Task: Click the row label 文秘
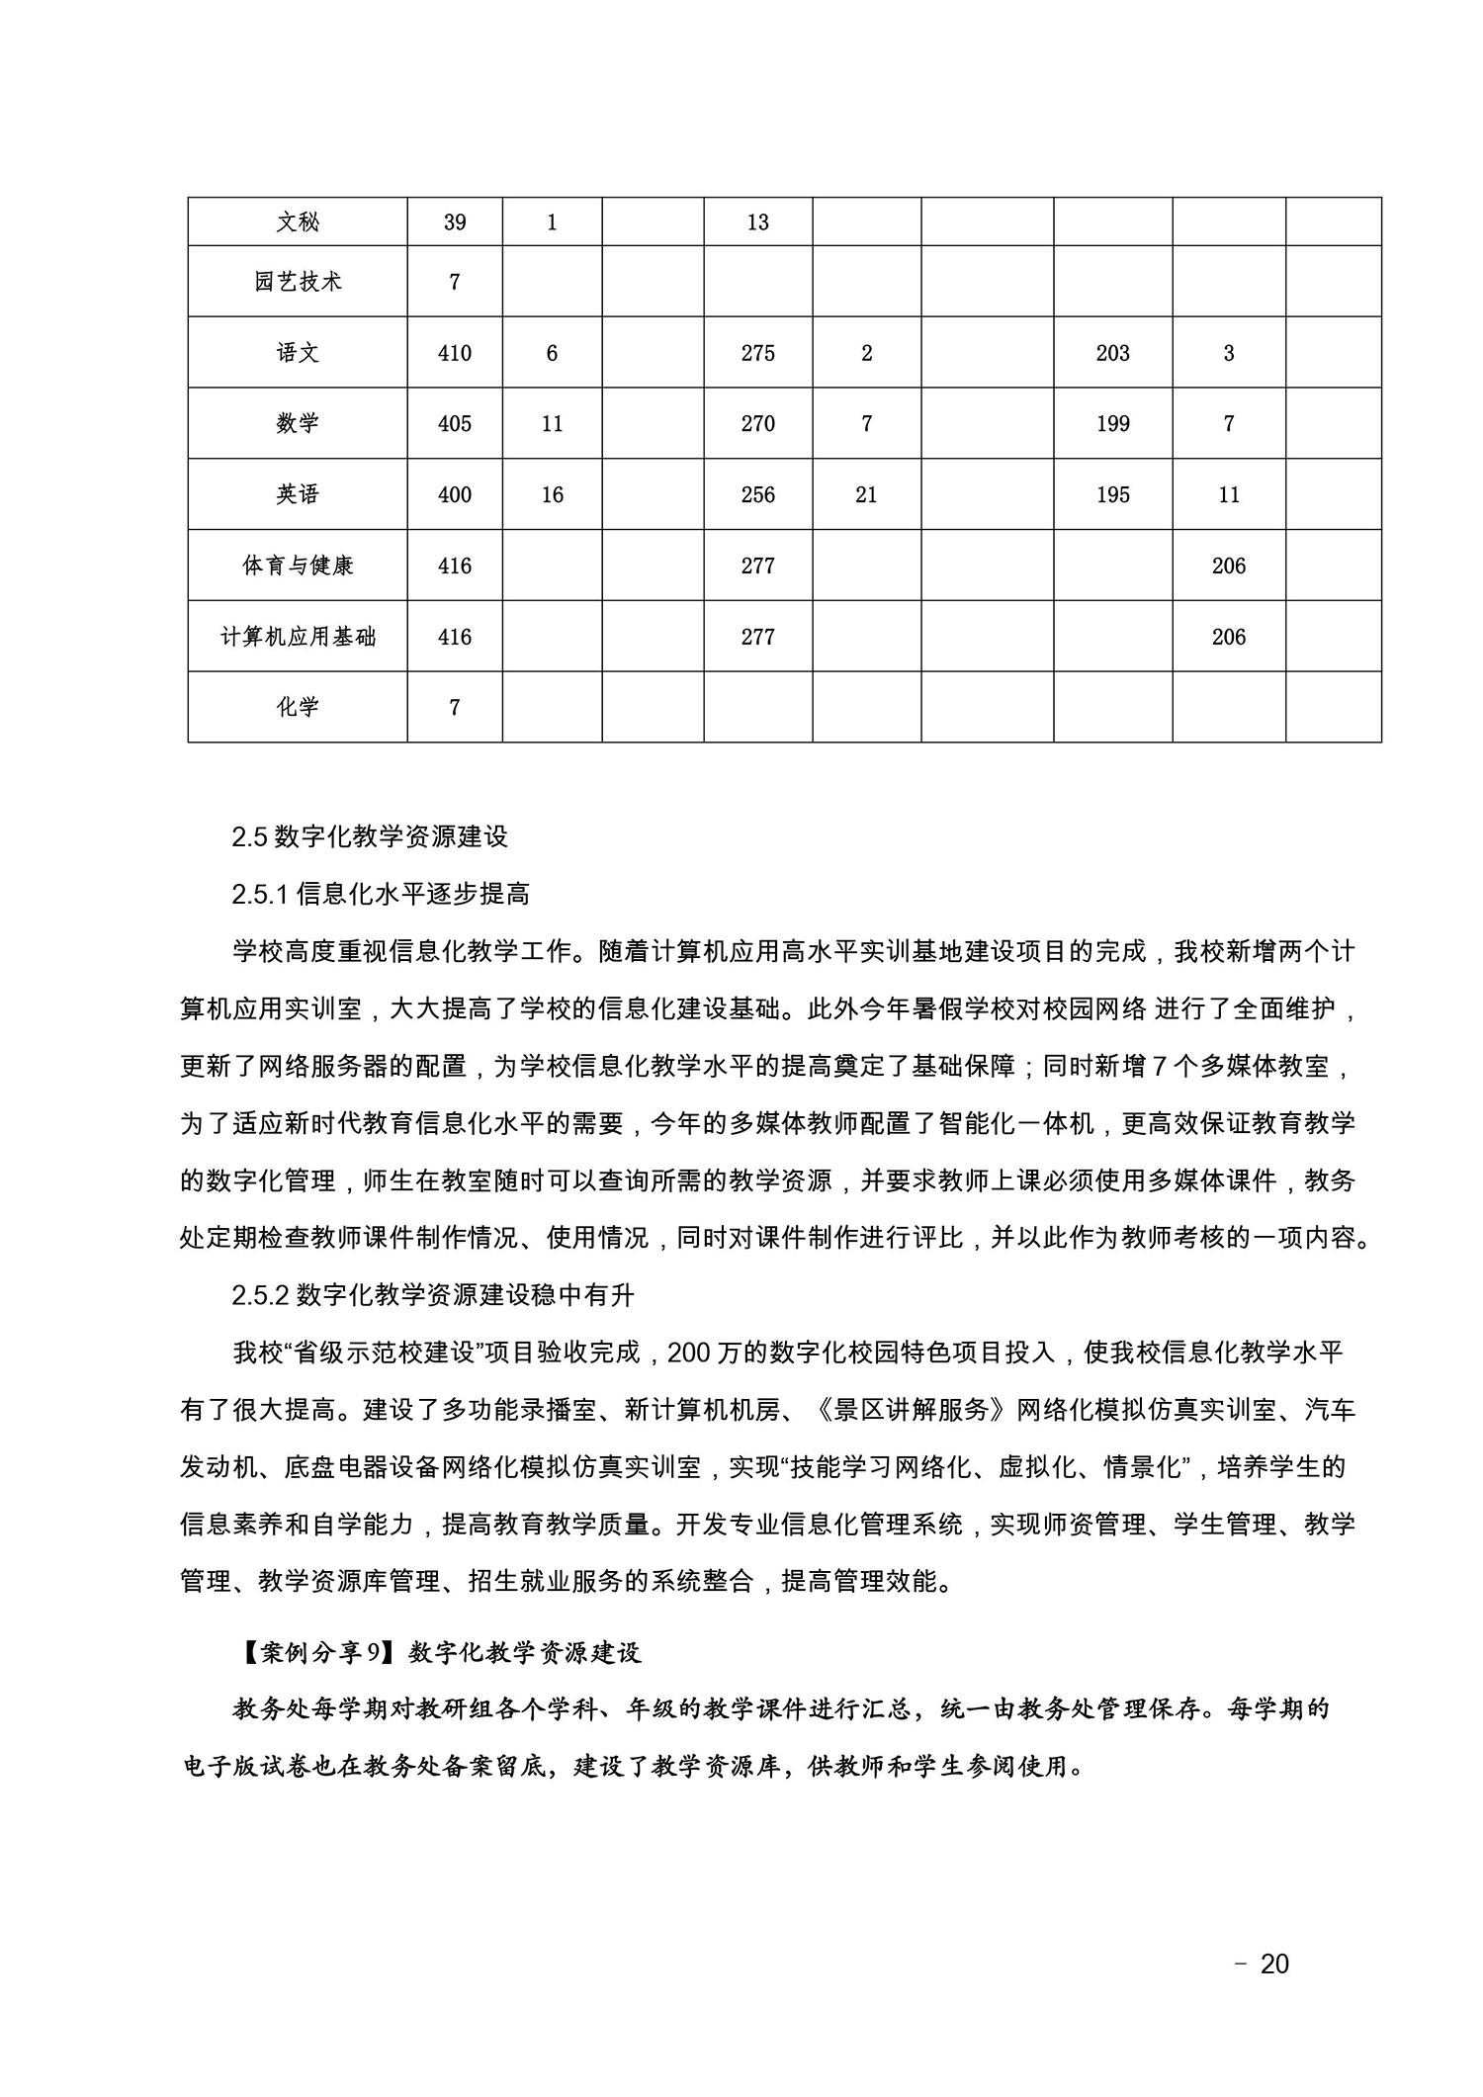click(x=298, y=222)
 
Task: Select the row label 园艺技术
click(x=298, y=282)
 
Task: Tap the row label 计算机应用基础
click(x=298, y=637)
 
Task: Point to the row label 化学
click(x=298, y=708)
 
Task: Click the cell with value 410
click(x=455, y=353)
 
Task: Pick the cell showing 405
click(x=455, y=424)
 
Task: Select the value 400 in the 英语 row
click(x=455, y=494)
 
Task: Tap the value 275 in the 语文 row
click(x=758, y=353)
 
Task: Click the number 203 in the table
click(x=1113, y=353)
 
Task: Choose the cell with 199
click(x=1113, y=424)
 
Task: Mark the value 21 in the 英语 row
click(x=867, y=494)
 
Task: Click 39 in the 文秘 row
click(x=455, y=222)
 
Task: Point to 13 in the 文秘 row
click(x=758, y=222)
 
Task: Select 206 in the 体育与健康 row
click(x=1229, y=566)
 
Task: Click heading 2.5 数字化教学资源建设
click(x=370, y=836)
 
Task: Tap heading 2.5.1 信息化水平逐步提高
click(x=381, y=894)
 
